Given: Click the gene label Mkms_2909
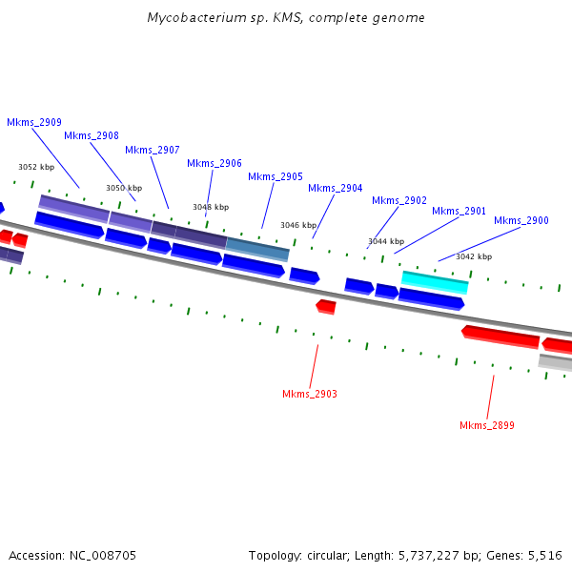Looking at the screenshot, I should [x=34, y=122].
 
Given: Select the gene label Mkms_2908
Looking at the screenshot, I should [x=92, y=135].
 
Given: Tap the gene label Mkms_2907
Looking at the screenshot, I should [x=153, y=150].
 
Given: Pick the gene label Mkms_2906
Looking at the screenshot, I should [x=214, y=163].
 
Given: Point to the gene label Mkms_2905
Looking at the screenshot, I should [x=276, y=176].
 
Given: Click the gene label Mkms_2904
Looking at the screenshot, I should [x=336, y=188].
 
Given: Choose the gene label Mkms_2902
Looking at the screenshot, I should [x=399, y=200].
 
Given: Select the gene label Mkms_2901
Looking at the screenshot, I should [x=460, y=211].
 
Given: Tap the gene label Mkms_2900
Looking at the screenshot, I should [x=521, y=220].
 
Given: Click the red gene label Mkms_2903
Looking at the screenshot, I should [x=310, y=394].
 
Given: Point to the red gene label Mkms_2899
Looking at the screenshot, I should [x=487, y=425].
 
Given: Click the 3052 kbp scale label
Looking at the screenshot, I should [x=36, y=167].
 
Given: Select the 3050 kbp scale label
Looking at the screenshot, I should [x=124, y=188].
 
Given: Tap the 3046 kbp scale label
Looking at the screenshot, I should [x=298, y=225].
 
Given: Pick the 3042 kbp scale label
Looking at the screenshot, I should [x=474, y=256].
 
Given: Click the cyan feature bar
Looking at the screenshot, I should [x=435, y=280].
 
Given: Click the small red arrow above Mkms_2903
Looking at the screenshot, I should [x=326, y=306].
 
